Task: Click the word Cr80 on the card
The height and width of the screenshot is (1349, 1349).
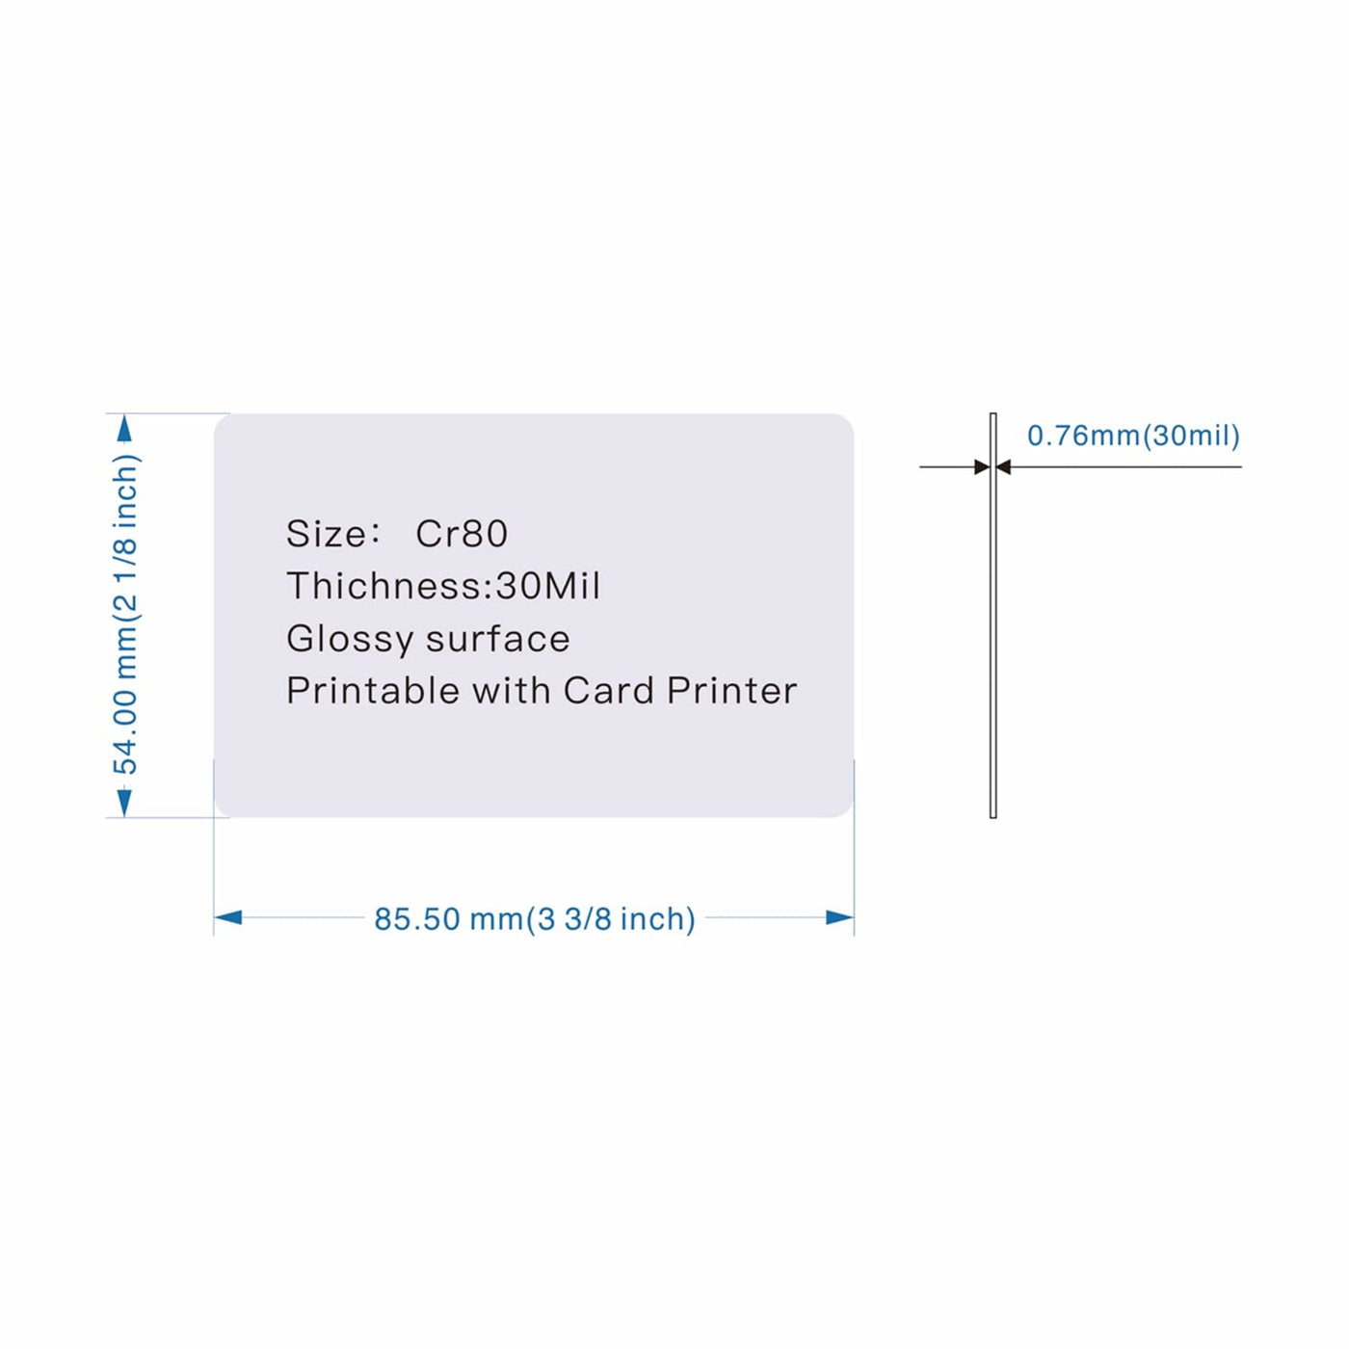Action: [462, 534]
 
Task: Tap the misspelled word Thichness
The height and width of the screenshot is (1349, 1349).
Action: [389, 586]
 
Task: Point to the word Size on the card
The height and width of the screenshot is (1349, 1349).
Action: [327, 534]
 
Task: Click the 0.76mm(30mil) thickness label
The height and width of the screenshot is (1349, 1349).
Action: [1133, 436]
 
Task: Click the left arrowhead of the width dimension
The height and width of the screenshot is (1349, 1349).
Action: [228, 917]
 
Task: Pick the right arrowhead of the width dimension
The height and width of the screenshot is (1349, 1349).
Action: [840, 917]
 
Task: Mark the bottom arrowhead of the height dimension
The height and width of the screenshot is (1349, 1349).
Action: [124, 803]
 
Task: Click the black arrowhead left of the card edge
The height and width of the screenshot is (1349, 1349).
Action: [981, 467]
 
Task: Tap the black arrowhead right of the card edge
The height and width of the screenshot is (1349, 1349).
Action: [1004, 467]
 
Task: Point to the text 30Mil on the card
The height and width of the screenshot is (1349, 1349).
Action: [548, 586]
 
